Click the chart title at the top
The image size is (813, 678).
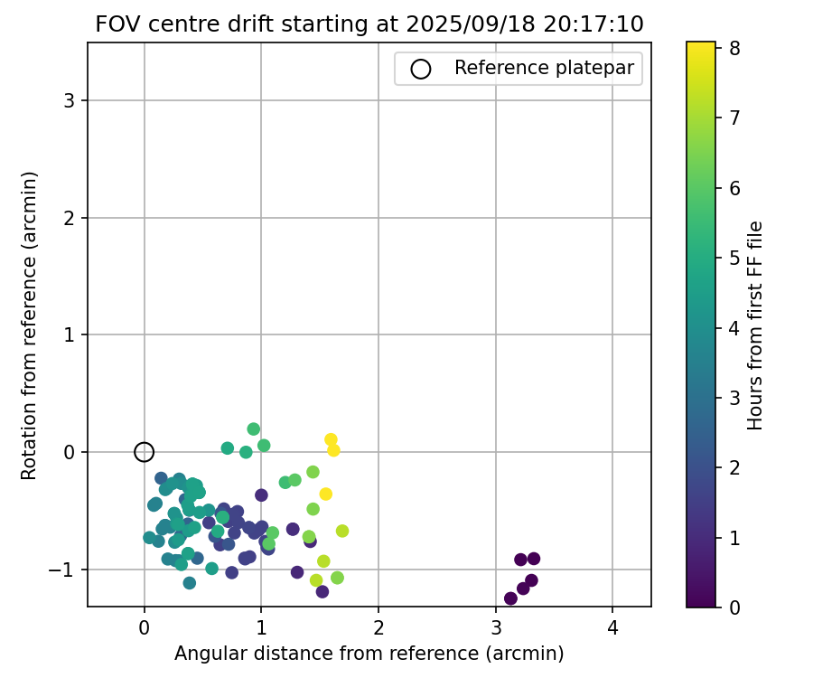tap(369, 24)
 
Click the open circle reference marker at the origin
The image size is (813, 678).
tap(144, 452)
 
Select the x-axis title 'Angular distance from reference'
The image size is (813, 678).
tap(369, 654)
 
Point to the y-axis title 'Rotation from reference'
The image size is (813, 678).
tap(30, 325)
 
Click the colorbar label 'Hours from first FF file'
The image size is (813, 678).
tap(755, 325)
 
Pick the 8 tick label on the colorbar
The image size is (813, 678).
tap(735, 49)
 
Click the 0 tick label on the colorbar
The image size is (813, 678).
tap(735, 607)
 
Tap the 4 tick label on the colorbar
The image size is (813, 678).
tap(735, 328)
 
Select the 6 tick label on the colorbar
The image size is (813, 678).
tap(735, 188)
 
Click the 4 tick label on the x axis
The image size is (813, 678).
tap(612, 626)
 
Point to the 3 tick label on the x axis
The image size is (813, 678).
tap(496, 626)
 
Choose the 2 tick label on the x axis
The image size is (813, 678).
tap(378, 626)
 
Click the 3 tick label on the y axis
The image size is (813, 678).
tap(69, 100)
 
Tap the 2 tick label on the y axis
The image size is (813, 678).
tap(69, 218)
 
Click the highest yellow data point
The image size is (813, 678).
tap(331, 439)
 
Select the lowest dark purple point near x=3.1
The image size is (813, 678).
tap(510, 598)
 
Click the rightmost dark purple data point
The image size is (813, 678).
tap(534, 559)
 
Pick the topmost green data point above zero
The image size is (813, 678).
tap(254, 429)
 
